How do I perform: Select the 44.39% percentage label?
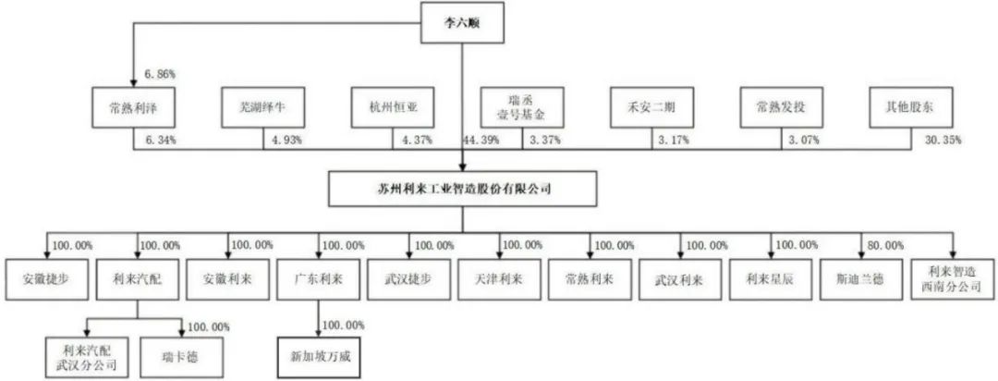tap(480, 141)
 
